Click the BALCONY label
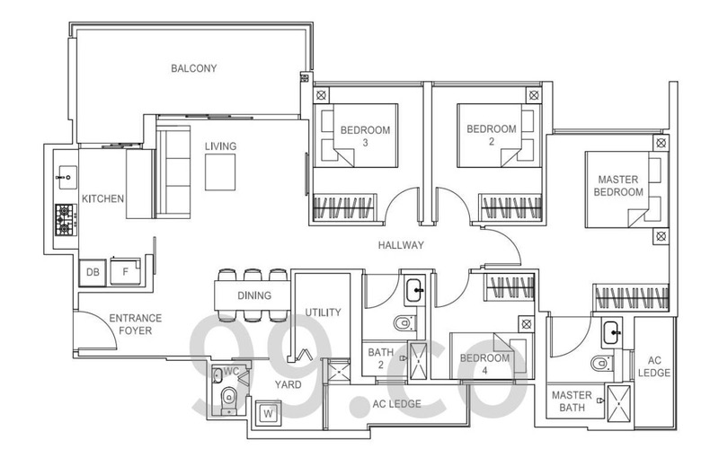(x=193, y=68)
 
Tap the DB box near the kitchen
(x=93, y=272)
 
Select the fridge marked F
(x=125, y=271)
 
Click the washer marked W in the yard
(x=268, y=414)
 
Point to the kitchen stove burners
(x=66, y=220)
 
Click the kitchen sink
(x=67, y=177)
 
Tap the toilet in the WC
(x=228, y=400)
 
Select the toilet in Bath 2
(x=404, y=322)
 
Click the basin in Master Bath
(x=612, y=332)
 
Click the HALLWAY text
(x=401, y=245)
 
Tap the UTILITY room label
(x=324, y=313)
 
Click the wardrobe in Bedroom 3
(x=343, y=207)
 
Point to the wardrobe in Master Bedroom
(x=631, y=297)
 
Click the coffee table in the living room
(x=220, y=172)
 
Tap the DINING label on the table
(x=254, y=295)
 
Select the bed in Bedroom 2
(x=496, y=136)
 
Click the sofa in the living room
(x=173, y=172)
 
